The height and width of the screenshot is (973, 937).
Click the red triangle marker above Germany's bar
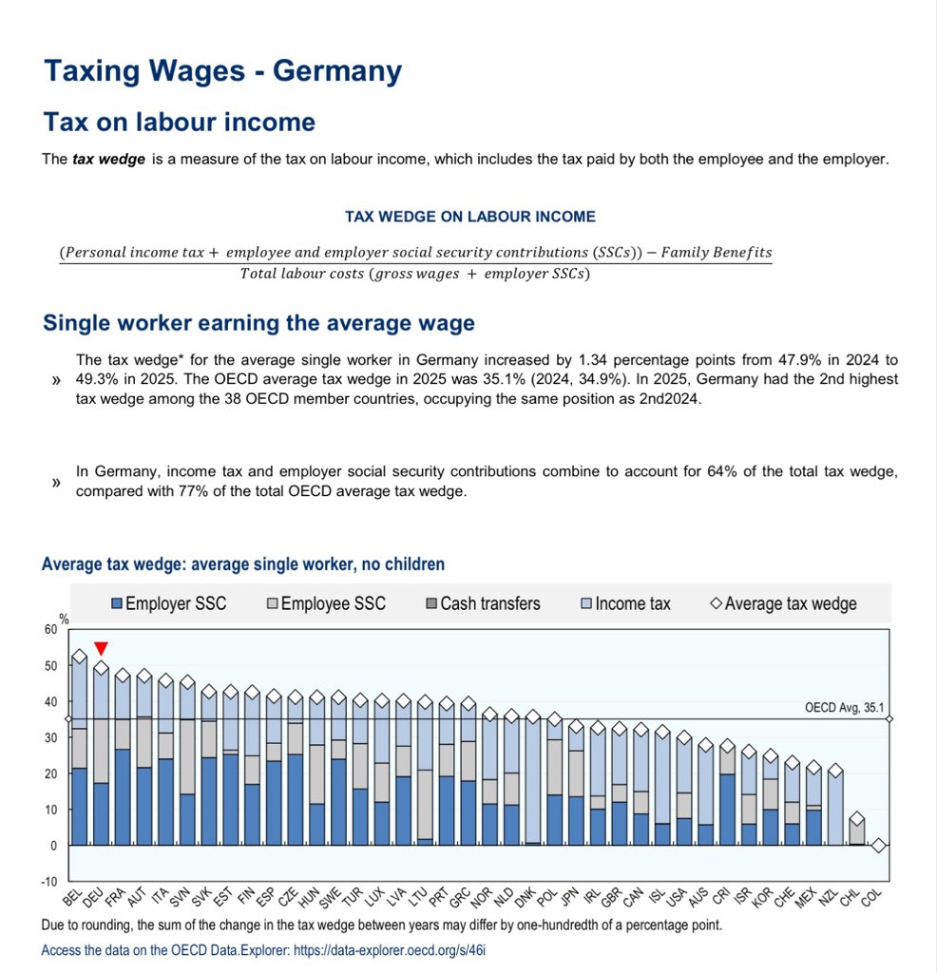tap(101, 648)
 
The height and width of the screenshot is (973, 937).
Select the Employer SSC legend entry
tap(169, 603)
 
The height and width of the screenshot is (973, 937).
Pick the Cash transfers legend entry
tap(484, 603)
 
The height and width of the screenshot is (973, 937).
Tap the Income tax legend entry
tap(625, 603)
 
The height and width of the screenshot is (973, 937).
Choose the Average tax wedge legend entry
tap(783, 603)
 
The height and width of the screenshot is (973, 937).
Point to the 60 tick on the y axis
tap(50, 629)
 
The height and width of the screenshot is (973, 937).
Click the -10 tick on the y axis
tap(49, 881)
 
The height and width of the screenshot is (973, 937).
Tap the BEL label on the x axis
tap(72, 897)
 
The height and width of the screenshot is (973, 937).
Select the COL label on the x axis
tap(871, 897)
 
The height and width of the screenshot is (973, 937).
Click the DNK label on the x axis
tap(526, 897)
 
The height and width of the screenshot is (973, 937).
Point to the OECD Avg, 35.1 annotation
tap(844, 707)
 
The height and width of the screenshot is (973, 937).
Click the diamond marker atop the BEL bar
tap(80, 657)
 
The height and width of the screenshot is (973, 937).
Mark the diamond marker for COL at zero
tap(878, 845)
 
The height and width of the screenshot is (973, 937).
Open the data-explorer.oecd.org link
tap(390, 950)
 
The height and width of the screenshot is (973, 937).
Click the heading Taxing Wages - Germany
tap(222, 70)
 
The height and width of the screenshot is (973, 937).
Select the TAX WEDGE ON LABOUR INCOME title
tap(470, 217)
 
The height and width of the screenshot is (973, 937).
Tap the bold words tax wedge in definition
tap(108, 160)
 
